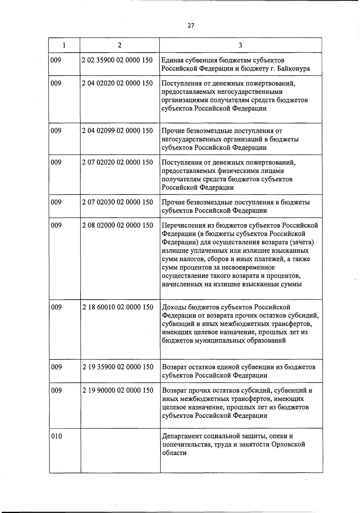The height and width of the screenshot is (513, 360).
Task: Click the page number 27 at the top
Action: click(191, 26)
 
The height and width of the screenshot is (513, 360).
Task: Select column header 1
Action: click(64, 45)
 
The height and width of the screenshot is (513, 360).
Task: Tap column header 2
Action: click(120, 45)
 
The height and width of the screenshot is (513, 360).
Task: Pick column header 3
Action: click(240, 45)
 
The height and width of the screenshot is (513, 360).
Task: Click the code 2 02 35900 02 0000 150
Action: click(117, 60)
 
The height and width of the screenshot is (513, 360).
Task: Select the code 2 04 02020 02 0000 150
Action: click(117, 83)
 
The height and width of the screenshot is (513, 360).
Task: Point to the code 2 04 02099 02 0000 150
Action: click(117, 131)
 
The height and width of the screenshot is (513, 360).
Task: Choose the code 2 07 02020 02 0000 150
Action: click(117, 162)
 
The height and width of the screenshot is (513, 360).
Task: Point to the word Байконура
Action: click(294, 69)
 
